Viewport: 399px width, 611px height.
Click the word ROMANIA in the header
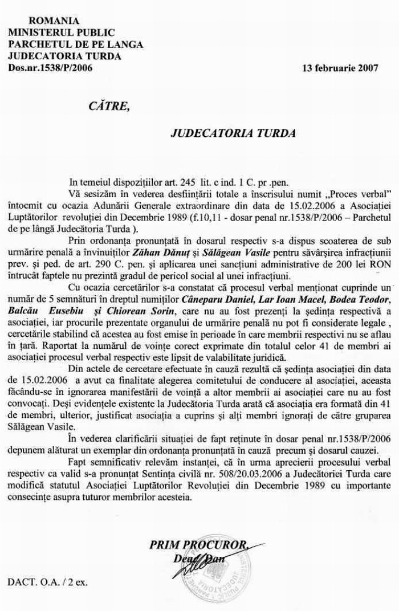54,21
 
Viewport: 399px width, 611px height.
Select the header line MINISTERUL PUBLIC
62,33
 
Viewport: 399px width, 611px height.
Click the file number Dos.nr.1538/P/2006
50,68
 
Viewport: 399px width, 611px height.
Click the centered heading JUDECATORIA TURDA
225,134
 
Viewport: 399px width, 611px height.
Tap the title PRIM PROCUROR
198,545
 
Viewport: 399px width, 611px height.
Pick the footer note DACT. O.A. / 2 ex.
48,583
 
